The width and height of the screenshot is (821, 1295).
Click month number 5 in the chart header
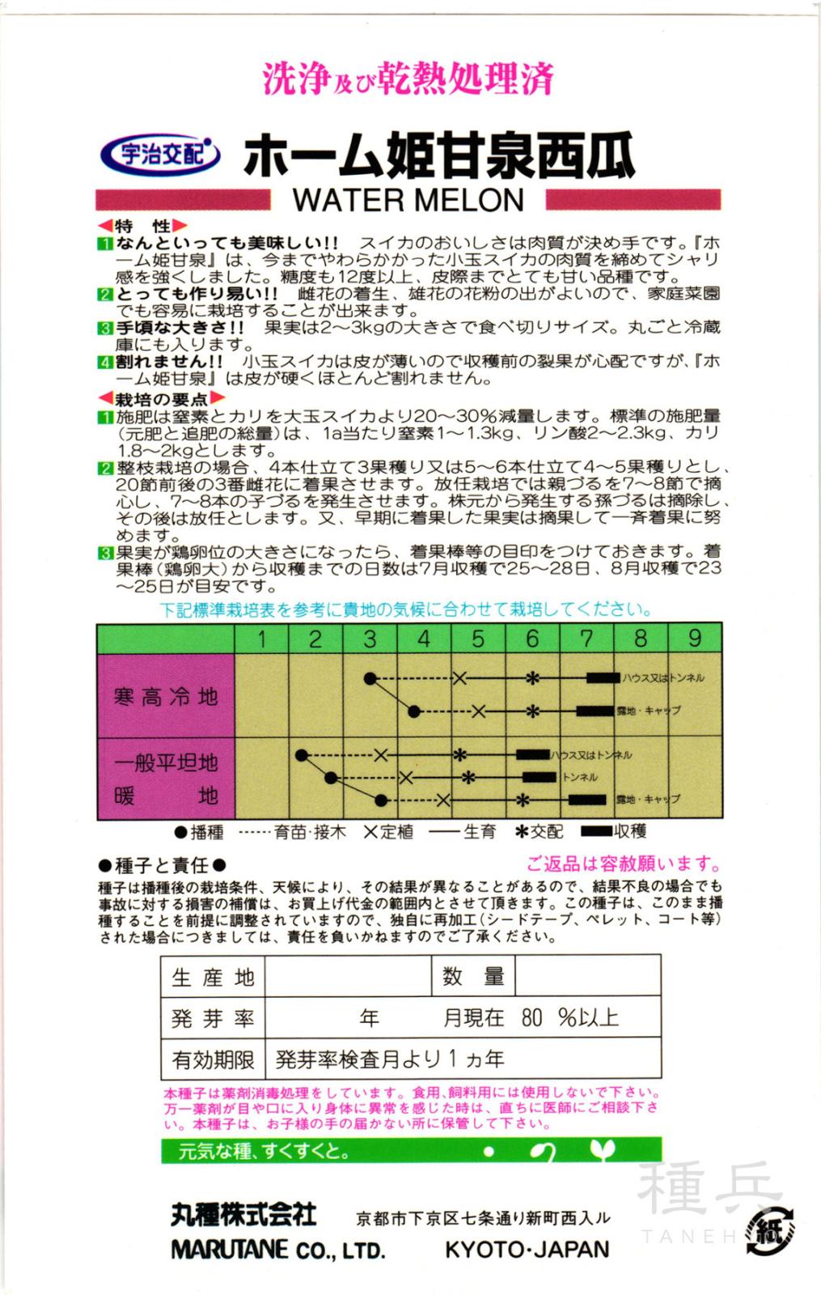(478, 639)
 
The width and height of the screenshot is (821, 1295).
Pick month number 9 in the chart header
(695, 639)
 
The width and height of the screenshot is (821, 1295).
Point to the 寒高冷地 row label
(166, 697)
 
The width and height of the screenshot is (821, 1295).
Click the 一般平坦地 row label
(166, 763)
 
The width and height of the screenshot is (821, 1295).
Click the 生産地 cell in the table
(213, 977)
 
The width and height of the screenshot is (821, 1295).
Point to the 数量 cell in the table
(473, 977)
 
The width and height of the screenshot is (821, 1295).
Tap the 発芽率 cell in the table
(213, 1018)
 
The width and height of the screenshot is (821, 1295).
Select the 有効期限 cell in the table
(213, 1059)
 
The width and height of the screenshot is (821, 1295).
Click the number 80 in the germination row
(531, 1018)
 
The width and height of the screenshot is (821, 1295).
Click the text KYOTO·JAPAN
(527, 1249)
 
